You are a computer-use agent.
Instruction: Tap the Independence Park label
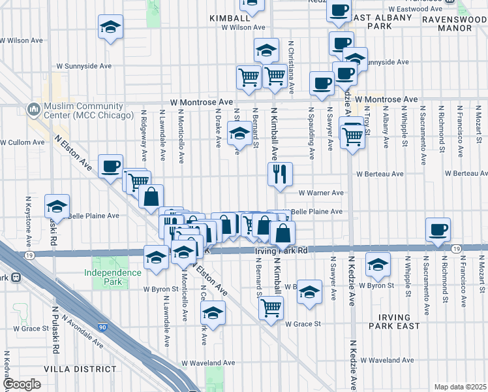[112, 277]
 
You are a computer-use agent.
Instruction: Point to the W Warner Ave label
[321, 193]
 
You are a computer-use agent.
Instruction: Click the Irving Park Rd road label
[281, 250]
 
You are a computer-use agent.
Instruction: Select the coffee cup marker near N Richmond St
[438, 230]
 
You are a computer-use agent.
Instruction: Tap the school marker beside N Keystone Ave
[57, 206]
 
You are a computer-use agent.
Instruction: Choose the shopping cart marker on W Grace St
[271, 307]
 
